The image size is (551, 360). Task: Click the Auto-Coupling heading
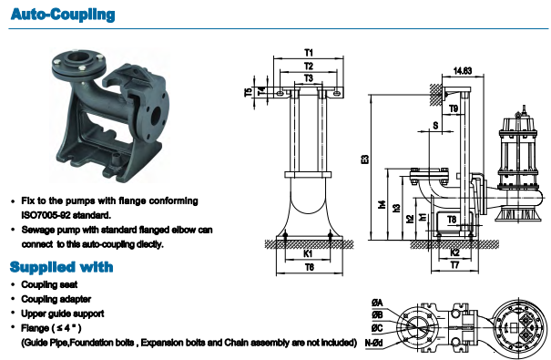pos(63,15)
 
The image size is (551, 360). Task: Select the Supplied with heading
pos(62,267)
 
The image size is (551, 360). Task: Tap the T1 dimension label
pos(309,53)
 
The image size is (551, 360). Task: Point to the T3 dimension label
pos(308,77)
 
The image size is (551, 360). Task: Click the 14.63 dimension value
pos(463,71)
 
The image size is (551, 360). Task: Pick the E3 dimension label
pos(365,159)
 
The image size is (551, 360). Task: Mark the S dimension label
pos(435,125)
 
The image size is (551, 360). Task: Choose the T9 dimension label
pos(454,108)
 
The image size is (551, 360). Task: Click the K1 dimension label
pos(308,253)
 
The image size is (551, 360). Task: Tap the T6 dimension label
pos(310,267)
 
